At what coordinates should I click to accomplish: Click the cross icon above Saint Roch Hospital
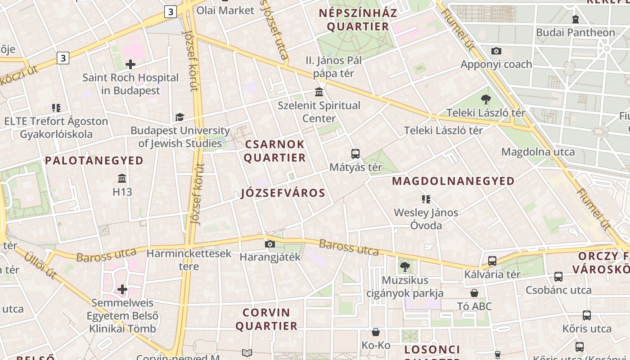pos(130,64)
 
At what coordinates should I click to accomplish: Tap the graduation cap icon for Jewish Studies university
pos(180,117)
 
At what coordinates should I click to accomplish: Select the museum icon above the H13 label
pos(122,178)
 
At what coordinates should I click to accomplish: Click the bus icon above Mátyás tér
pos(355,154)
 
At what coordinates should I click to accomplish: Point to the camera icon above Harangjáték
pos(270,244)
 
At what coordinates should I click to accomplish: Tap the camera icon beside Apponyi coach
pos(496,51)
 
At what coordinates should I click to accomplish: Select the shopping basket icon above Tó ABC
pos(474,293)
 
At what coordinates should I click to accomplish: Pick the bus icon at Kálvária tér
pos(492,261)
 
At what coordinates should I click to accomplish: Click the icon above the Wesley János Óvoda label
pos(426,199)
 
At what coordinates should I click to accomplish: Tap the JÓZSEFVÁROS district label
pos(283,193)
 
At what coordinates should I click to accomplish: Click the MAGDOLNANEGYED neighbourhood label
pos(454,181)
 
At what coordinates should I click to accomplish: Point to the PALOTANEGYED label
pos(94,161)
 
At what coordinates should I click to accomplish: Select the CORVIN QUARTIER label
pos(267,319)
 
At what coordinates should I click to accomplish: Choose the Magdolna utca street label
pos(538,152)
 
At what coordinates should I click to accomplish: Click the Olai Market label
pos(225,10)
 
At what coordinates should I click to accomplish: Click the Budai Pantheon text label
pos(575,32)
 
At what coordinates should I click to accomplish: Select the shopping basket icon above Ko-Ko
pos(376,333)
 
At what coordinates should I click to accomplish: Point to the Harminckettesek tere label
pos(189,260)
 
